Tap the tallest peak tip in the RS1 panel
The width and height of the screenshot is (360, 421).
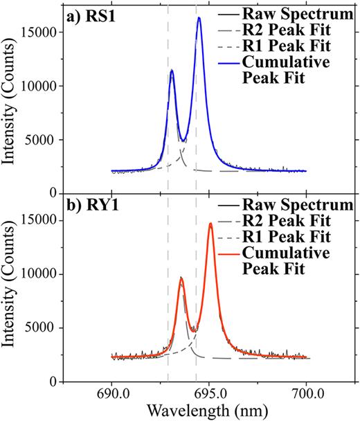coord(199,18)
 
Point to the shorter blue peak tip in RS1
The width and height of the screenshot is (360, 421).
coord(172,70)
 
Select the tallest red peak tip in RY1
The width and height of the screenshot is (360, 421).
coord(210,223)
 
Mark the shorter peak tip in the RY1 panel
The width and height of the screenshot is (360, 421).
coord(181,278)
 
